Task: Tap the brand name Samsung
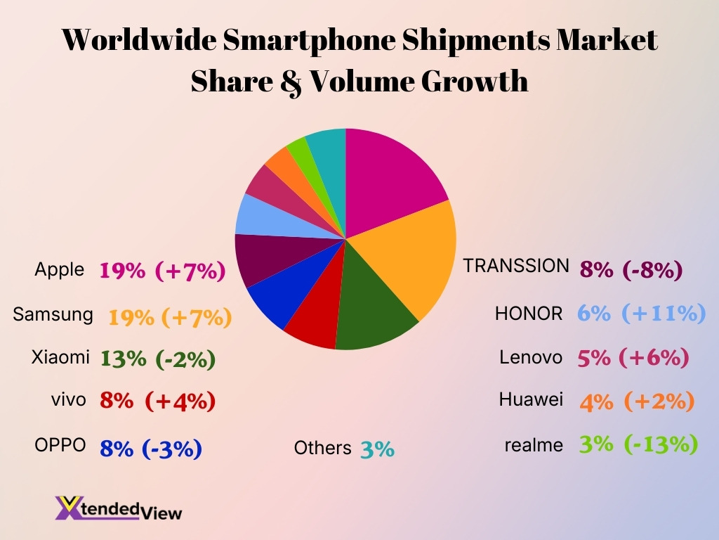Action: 53,314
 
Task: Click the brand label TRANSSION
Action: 516,266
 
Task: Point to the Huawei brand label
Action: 531,399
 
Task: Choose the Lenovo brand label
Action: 531,357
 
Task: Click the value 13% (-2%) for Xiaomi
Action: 158,359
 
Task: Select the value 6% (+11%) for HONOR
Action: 641,314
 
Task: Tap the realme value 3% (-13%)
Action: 638,444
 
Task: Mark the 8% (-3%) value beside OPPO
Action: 151,448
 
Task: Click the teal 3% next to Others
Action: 377,449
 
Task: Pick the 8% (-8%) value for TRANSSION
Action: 631,269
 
